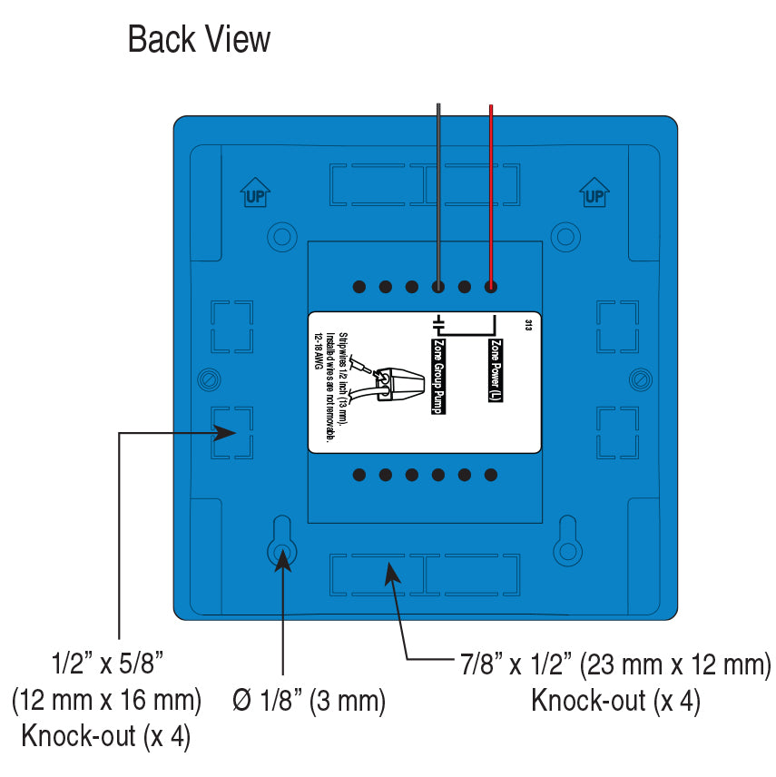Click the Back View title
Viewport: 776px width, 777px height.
pyautogui.click(x=199, y=40)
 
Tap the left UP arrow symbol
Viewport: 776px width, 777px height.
pyautogui.click(x=255, y=192)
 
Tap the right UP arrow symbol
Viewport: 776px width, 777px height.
pyautogui.click(x=594, y=192)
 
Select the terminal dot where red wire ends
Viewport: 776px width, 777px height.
pyautogui.click(x=491, y=287)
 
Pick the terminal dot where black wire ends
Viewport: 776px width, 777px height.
pyautogui.click(x=438, y=287)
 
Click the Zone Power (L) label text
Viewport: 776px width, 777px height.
pyautogui.click(x=496, y=371)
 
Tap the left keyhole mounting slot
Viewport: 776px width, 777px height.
pyautogui.click(x=281, y=543)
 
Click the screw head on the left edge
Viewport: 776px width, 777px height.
pyautogui.click(x=209, y=376)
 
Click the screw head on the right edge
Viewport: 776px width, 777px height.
pyautogui.click(x=641, y=376)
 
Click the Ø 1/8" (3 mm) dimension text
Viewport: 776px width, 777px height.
pyautogui.click(x=309, y=701)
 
